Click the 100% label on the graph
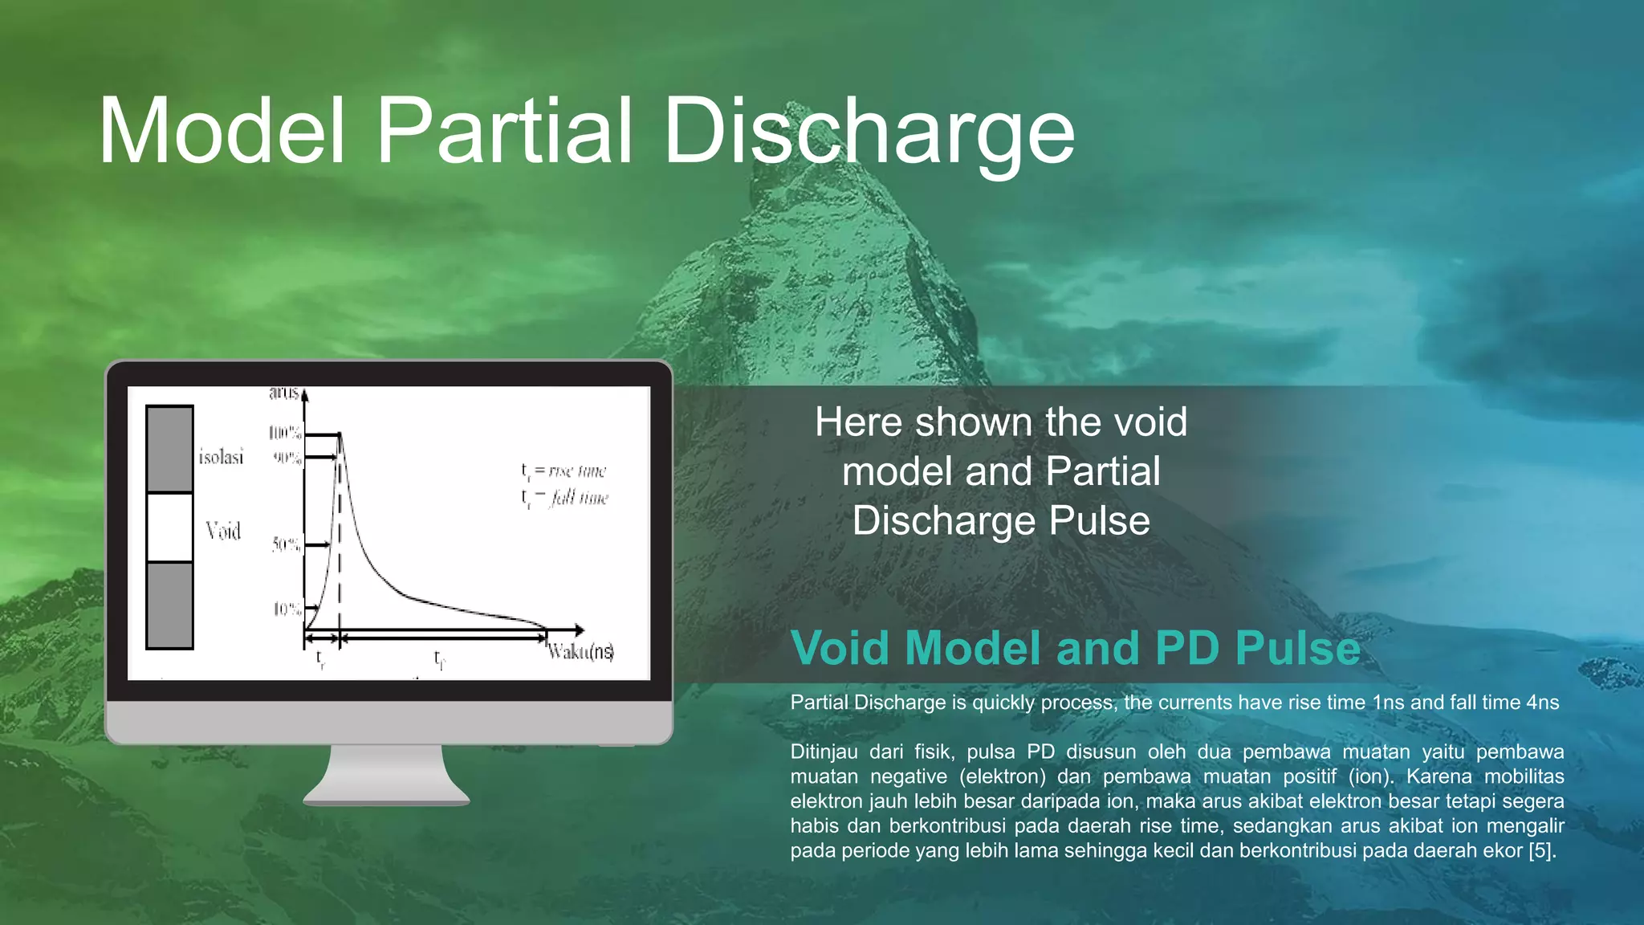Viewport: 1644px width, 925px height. pyautogui.click(x=285, y=434)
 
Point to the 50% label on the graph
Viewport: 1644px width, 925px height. pyautogui.click(x=286, y=544)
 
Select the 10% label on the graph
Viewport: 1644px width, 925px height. pyautogui.click(x=287, y=609)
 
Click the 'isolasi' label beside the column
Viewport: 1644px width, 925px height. pyautogui.click(x=221, y=457)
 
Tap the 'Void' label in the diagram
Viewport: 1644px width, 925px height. pyautogui.click(x=223, y=531)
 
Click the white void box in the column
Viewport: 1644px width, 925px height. pyautogui.click(x=169, y=527)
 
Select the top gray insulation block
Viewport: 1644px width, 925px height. pyautogui.click(x=169, y=449)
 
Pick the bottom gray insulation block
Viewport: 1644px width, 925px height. pyautogui.click(x=169, y=605)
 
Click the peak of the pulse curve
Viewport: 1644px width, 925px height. pyautogui.click(x=340, y=434)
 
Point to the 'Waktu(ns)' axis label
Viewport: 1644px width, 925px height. pyautogui.click(x=581, y=651)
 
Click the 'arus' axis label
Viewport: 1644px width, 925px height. pyautogui.click(x=284, y=392)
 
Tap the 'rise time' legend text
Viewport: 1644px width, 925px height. pyautogui.click(x=576, y=471)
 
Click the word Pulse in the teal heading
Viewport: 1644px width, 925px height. pyautogui.click(x=1297, y=648)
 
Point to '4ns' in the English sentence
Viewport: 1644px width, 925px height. pyautogui.click(x=1542, y=703)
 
